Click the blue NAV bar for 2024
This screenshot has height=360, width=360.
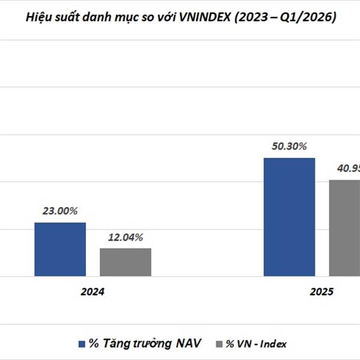pos(59,249)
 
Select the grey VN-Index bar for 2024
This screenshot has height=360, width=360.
pos(125,262)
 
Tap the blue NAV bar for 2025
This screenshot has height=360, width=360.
pos(289,217)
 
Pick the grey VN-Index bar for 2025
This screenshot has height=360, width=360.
pos(345,228)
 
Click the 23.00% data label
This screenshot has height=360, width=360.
pos(59,211)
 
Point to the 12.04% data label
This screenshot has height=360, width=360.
pos(125,237)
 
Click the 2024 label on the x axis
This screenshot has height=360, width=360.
pos(93,292)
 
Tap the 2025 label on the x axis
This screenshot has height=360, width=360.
pos(322,292)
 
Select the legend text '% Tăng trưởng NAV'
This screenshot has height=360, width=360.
pos(145,343)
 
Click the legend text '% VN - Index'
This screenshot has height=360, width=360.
pos(256,344)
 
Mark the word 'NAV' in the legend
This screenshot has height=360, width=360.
pos(188,343)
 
